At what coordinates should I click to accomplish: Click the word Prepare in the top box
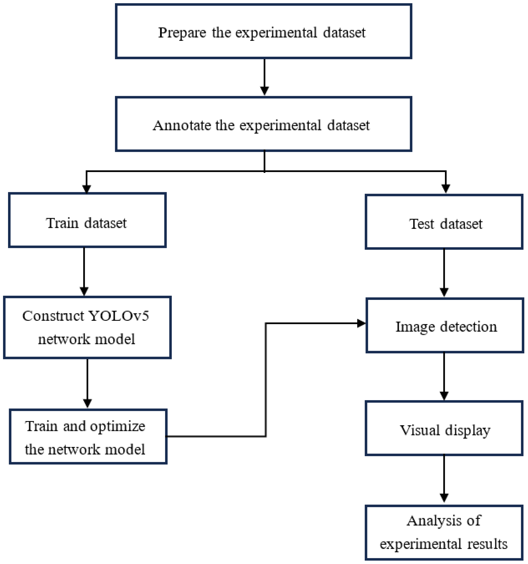click(182, 33)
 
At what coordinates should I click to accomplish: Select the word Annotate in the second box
click(182, 125)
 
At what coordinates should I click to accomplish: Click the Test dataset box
click(444, 221)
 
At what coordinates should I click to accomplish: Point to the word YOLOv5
click(119, 316)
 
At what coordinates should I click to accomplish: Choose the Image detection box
click(444, 325)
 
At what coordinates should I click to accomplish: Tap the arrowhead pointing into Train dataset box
click(86, 189)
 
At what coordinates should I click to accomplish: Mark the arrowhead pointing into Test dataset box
click(446, 189)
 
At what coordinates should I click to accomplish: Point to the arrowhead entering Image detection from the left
click(361, 323)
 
